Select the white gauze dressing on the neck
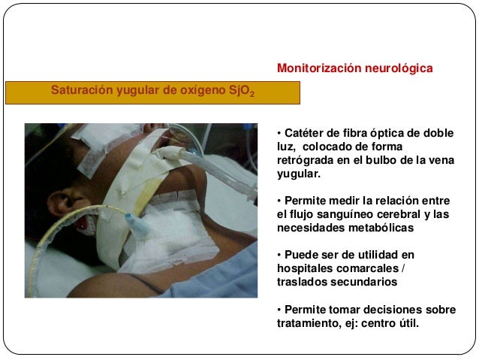coord(161,233)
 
